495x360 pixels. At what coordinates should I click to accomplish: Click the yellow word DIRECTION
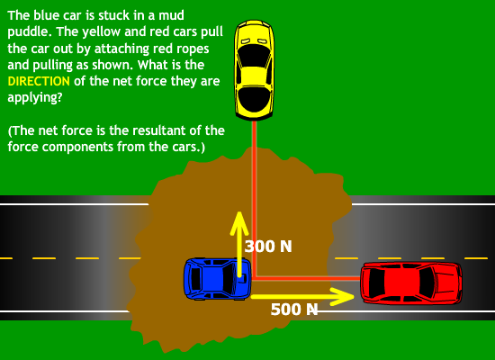coord(39,81)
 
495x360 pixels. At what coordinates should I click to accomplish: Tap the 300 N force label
coord(268,247)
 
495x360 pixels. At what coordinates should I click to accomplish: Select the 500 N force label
coord(294,310)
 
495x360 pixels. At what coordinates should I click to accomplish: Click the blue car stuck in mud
coord(218,278)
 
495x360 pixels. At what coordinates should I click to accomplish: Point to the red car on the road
coord(411,283)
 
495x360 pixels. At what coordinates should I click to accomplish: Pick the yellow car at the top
coord(254,70)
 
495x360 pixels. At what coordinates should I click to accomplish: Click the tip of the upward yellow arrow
coord(239,211)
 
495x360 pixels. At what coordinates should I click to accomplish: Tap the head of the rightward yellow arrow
coord(354,296)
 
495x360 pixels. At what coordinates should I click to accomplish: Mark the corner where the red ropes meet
coord(254,278)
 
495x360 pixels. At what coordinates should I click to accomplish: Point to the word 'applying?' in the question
coord(35,98)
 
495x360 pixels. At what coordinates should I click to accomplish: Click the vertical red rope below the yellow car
coord(254,199)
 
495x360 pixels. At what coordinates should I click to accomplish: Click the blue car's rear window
coord(195,279)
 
